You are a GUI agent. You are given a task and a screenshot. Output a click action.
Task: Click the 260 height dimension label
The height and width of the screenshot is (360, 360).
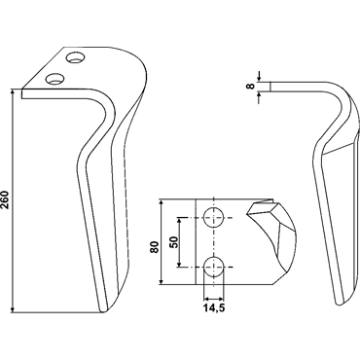click(6, 200)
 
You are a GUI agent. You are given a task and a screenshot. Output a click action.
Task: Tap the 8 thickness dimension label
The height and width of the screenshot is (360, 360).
click(250, 87)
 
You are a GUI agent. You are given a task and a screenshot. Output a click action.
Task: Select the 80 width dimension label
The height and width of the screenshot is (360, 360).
click(155, 247)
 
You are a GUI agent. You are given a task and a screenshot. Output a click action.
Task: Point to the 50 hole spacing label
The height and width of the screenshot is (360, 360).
click(174, 242)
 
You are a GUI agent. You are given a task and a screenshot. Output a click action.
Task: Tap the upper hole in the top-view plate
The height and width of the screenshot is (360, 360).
click(214, 217)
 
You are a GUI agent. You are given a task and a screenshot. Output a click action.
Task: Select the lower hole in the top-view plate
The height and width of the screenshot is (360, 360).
click(214, 267)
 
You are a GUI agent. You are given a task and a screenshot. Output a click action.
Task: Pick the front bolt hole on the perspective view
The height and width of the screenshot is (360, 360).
click(54, 78)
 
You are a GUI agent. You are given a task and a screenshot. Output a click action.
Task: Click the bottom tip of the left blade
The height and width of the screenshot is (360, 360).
click(103, 312)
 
